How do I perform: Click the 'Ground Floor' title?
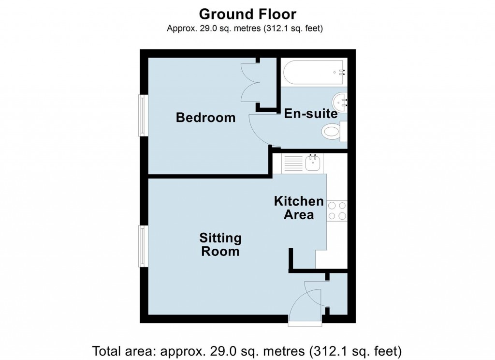coord(247,14)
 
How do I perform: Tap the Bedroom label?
coord(205,117)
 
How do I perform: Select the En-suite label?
coord(310,114)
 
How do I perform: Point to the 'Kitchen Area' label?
coord(299,208)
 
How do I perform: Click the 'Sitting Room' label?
coord(220,245)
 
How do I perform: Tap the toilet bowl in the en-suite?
coord(331,131)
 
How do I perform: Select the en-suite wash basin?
coord(340,102)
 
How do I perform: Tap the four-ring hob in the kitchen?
coord(337,211)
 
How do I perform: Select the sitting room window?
coord(143,246)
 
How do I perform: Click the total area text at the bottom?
coord(247,349)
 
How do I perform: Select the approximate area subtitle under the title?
coord(245,29)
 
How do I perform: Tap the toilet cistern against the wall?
coord(344,131)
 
